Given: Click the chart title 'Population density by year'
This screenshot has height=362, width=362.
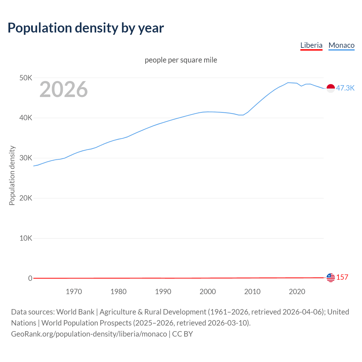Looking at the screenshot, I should [86, 28].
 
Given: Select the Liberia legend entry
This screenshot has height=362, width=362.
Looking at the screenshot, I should [311, 45].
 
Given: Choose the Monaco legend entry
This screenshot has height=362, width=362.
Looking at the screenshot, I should [341, 45].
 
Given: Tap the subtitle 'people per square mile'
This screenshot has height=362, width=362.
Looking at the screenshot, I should [181, 60].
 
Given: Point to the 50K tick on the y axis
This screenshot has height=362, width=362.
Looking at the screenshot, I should [26, 78].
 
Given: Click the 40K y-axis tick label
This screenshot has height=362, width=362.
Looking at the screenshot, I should [26, 118].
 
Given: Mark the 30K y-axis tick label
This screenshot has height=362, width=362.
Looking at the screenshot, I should [26, 158].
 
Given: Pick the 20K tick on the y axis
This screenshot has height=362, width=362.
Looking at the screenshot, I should [26, 198].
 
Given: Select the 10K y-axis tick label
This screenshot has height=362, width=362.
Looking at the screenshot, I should [26, 238].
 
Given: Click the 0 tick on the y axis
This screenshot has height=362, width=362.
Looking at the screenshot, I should [30, 278].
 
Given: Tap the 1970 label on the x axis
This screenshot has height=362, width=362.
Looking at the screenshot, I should [74, 292].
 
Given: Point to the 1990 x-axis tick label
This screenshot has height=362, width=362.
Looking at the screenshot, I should [163, 292].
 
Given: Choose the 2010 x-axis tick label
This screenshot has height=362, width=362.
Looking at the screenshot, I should [252, 292].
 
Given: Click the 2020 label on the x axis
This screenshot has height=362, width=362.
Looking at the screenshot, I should [297, 292].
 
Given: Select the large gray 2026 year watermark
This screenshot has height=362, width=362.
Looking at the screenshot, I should [64, 89].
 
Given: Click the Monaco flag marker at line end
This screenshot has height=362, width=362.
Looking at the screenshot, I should [331, 88].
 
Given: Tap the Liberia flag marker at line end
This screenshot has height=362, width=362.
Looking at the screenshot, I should [331, 278].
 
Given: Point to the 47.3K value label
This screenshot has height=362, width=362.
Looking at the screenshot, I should [345, 88].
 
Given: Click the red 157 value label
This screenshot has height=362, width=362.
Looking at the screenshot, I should [342, 277].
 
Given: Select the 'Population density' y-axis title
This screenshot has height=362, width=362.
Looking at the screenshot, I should [12, 175].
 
